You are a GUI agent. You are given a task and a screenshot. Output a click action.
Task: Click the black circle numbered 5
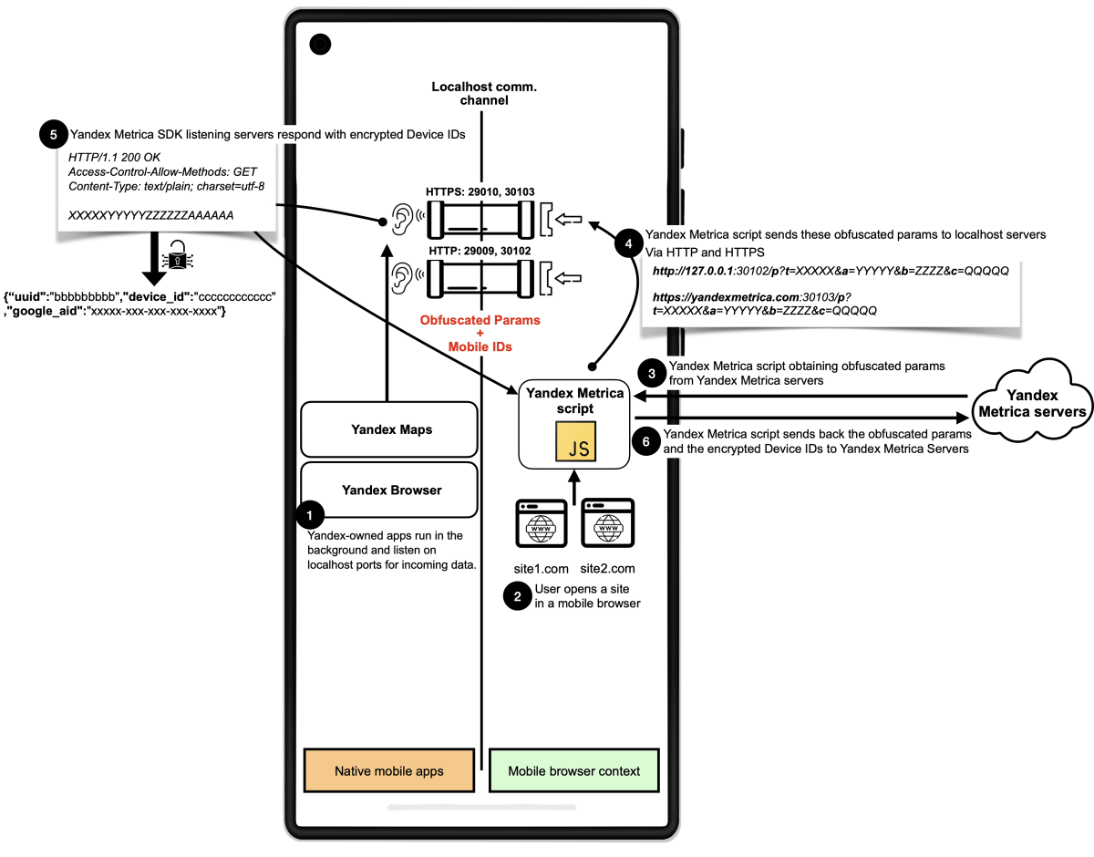pos(54,134)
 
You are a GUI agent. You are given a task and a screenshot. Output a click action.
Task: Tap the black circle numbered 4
pos(628,243)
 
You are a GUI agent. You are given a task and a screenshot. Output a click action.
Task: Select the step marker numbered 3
pos(652,374)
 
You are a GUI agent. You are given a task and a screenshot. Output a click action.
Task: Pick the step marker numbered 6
pos(646,441)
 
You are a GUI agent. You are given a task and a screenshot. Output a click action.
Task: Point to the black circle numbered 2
pos(518,596)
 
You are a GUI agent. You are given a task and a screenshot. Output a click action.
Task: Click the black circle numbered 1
pos(310,515)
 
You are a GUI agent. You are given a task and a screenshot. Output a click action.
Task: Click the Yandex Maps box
pos(389,428)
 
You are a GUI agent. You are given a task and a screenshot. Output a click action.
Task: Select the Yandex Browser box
pos(389,490)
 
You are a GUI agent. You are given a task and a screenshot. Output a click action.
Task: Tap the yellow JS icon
pos(575,441)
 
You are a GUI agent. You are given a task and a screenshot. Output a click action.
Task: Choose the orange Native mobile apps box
pos(389,770)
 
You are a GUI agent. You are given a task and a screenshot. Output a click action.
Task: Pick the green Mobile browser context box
pos(574,770)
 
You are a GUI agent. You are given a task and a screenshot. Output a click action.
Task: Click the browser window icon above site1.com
pos(542,523)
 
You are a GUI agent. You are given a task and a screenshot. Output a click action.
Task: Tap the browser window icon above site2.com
pos(608,523)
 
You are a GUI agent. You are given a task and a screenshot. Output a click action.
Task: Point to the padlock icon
pos(178,254)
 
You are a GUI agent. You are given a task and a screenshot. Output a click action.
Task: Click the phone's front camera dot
pos(320,45)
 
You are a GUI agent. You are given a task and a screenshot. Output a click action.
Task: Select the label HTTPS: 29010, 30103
pos(480,191)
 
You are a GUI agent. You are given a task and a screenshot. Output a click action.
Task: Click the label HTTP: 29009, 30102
pos(480,251)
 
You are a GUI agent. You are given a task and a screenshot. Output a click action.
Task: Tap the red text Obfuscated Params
pos(480,320)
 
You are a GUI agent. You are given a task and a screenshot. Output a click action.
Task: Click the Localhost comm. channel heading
pos(484,93)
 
